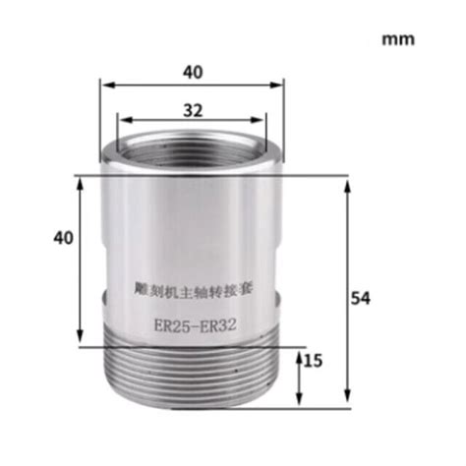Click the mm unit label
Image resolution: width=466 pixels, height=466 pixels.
[x=398, y=40]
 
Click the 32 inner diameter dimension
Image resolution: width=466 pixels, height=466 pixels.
[x=193, y=110]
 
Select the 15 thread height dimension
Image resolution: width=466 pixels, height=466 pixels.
[x=315, y=361]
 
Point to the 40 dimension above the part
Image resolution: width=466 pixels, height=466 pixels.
[x=193, y=71]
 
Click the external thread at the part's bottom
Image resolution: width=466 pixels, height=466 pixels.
[x=192, y=372]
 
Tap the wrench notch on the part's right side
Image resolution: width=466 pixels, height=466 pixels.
[x=281, y=296]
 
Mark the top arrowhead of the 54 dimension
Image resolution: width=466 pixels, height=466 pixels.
[x=347, y=183]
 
